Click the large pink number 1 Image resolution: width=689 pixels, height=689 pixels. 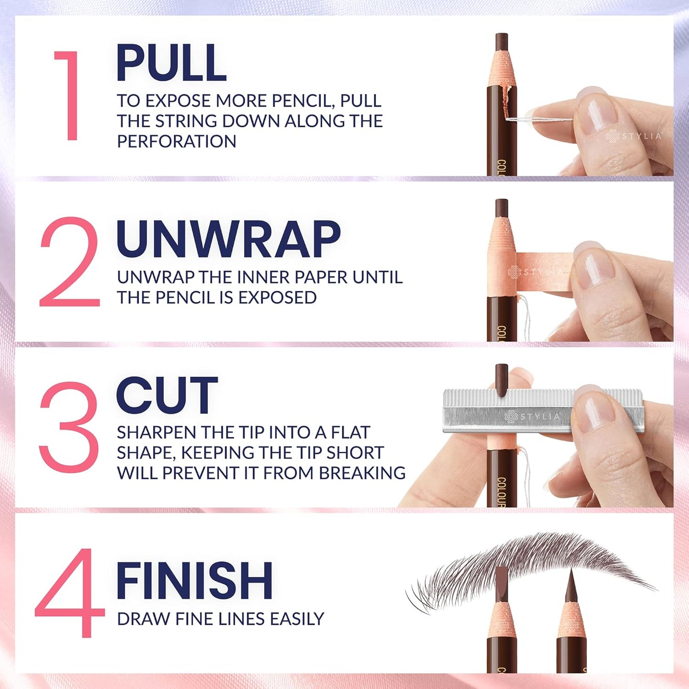pyautogui.click(x=69, y=95)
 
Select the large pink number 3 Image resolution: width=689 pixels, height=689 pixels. pyautogui.click(x=70, y=426)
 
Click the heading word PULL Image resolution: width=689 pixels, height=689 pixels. pyautogui.click(x=171, y=63)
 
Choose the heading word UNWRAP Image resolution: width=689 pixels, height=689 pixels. pyautogui.click(x=228, y=239)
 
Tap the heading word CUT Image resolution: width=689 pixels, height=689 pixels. pyautogui.click(x=166, y=395)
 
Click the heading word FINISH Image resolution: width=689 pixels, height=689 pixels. pyautogui.click(x=194, y=580)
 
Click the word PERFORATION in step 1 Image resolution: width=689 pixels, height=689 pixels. pyautogui.click(x=176, y=142)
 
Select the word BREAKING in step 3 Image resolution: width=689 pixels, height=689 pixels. pyautogui.click(x=362, y=473)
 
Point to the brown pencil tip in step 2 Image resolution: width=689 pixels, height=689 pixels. pyautogui.click(x=501, y=208)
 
